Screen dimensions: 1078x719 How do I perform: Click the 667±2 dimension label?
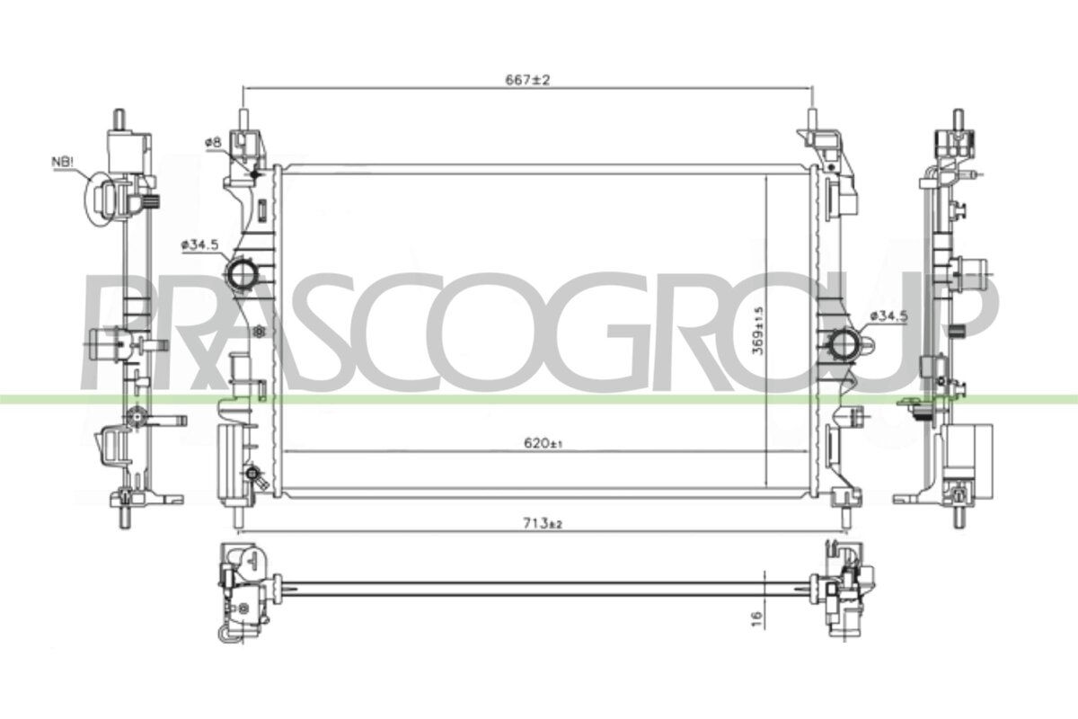click(527, 79)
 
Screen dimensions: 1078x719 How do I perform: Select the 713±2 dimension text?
click(543, 523)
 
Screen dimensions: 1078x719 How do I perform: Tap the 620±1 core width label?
click(543, 443)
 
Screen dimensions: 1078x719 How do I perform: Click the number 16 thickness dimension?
click(756, 618)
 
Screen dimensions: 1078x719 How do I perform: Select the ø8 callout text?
click(213, 142)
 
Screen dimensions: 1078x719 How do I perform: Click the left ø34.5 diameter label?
click(199, 244)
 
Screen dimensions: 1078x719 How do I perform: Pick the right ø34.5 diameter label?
click(888, 316)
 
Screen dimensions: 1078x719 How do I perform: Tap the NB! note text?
click(63, 162)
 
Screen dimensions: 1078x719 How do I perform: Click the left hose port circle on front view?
click(243, 273)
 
